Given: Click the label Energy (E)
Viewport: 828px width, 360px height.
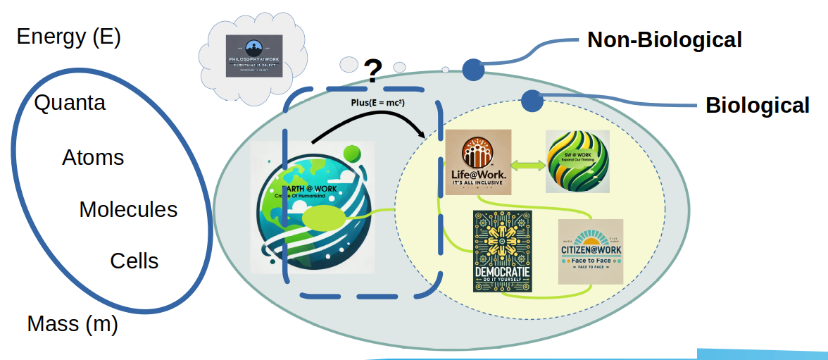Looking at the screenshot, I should tap(69, 37).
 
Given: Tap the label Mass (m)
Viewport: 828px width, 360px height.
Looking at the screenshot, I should tap(72, 324).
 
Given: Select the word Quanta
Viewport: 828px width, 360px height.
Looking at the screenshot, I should tap(70, 103).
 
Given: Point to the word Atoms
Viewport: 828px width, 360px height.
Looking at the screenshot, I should tap(93, 157).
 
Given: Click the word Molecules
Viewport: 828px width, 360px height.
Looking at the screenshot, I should tap(128, 209).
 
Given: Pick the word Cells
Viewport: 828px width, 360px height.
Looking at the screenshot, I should tap(134, 261).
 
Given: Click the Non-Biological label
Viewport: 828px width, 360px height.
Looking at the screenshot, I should tap(664, 40).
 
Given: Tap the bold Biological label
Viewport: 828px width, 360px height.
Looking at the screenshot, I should tap(758, 106).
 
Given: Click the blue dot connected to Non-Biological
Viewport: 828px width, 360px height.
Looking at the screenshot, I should tap(472, 69).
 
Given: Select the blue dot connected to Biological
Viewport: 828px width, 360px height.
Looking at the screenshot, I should tap(532, 101).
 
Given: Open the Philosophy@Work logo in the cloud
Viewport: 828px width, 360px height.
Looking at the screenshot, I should tap(254, 56).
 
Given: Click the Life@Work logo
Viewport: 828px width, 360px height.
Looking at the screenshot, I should tap(478, 163).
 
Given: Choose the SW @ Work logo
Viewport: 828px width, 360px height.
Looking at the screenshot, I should tap(577, 162).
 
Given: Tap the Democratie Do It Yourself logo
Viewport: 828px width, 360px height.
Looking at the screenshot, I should tap(503, 251).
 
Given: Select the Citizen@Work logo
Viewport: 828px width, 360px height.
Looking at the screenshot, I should tap(590, 252).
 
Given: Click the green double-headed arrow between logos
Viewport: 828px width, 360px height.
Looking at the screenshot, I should tap(528, 166).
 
